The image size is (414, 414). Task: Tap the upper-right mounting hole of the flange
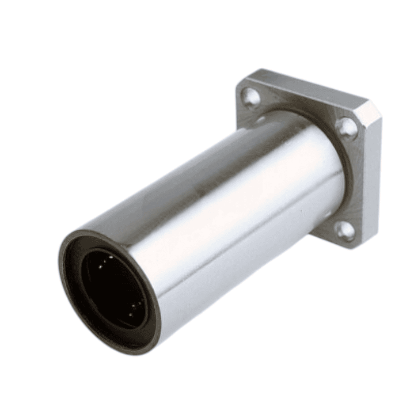(345, 128)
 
